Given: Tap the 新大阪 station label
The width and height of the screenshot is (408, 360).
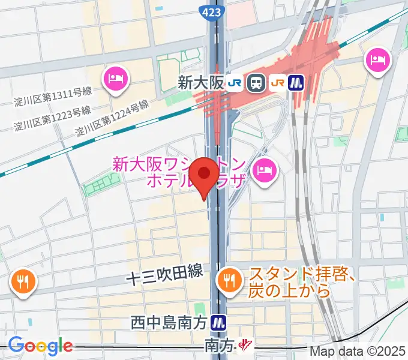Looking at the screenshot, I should (200, 83).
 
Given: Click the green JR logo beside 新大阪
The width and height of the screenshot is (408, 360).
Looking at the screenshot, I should (235, 83).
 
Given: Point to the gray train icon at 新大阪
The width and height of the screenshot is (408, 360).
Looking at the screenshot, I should (256, 83).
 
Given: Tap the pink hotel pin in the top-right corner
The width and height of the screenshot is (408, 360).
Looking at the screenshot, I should (379, 60).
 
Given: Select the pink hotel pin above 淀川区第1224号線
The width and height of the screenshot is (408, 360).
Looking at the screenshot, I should (116, 78).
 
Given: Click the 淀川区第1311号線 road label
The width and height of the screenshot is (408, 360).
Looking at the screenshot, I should (53, 96).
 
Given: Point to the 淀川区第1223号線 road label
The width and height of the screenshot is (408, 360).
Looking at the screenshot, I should (53, 118).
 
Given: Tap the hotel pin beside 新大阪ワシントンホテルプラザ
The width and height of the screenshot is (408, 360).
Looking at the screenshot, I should (263, 170).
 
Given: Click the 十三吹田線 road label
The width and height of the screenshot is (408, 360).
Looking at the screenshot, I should (164, 276).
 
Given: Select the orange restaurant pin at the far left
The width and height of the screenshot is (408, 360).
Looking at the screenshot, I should (23, 280).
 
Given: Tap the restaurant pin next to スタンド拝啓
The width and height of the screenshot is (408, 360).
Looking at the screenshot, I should (228, 278).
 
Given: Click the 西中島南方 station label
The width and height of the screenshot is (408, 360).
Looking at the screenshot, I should (170, 323).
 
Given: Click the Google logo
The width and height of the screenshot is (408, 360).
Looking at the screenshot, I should (40, 346).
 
